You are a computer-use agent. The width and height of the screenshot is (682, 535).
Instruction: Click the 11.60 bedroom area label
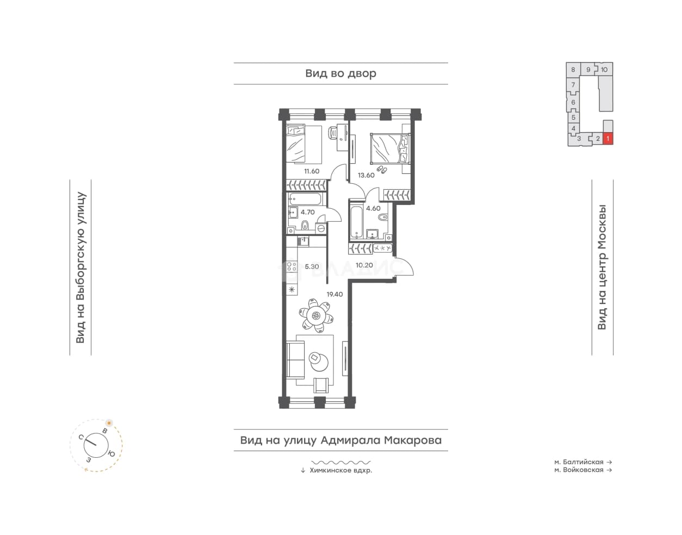(x=311, y=171)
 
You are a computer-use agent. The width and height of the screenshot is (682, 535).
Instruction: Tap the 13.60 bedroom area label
(x=366, y=176)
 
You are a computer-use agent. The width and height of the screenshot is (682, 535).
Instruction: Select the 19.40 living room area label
(x=334, y=294)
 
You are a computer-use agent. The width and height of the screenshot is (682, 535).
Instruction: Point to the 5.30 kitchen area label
(x=312, y=267)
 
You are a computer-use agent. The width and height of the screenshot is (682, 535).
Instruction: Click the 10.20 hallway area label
(x=364, y=265)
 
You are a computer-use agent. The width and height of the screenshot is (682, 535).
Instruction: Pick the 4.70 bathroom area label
(x=308, y=212)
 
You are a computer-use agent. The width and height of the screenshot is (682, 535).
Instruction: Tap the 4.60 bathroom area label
(x=373, y=208)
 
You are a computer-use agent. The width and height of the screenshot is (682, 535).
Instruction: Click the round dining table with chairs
(x=316, y=316)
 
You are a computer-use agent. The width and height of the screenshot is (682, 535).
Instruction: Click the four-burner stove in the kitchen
(x=292, y=267)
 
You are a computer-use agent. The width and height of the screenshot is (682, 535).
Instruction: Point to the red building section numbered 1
(x=607, y=139)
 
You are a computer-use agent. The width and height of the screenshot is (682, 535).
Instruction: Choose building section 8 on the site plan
(x=573, y=70)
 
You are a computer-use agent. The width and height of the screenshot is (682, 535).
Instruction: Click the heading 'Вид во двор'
(x=340, y=73)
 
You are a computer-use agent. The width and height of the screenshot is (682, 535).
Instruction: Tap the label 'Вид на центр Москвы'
(x=602, y=267)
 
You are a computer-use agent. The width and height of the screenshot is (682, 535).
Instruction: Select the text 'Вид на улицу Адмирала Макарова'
(x=341, y=440)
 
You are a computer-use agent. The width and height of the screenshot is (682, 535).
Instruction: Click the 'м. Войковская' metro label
(x=579, y=470)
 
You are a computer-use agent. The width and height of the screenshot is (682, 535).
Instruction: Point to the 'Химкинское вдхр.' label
(x=340, y=470)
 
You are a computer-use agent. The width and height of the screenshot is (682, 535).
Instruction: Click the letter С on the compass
(x=81, y=438)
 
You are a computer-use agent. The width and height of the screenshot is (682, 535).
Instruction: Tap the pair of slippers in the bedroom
(x=381, y=170)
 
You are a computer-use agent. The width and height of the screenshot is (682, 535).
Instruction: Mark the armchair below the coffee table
(x=321, y=385)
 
